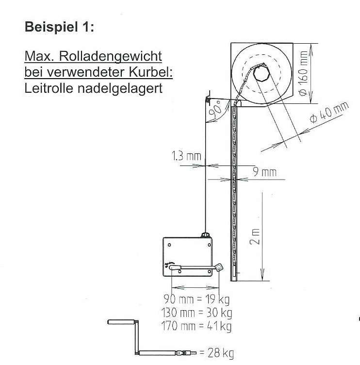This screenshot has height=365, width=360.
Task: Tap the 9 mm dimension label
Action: [x=265, y=172]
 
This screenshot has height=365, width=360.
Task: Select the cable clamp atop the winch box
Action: [x=206, y=235]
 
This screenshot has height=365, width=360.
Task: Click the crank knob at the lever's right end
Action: [x=219, y=266]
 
